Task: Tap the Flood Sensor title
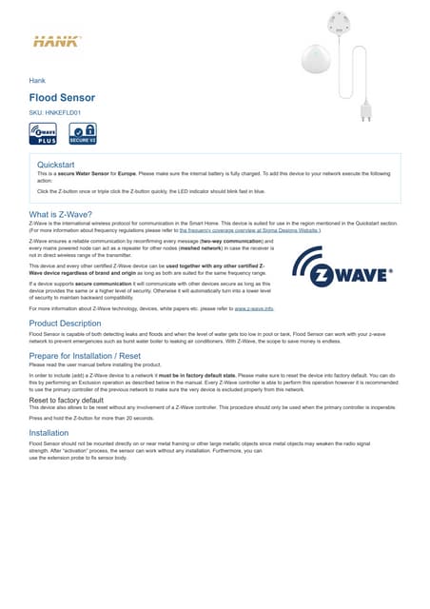click(61, 97)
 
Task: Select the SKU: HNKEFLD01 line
click(54, 112)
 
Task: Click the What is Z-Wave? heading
click(60, 214)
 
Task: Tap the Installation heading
click(49, 432)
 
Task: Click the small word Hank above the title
click(38, 81)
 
